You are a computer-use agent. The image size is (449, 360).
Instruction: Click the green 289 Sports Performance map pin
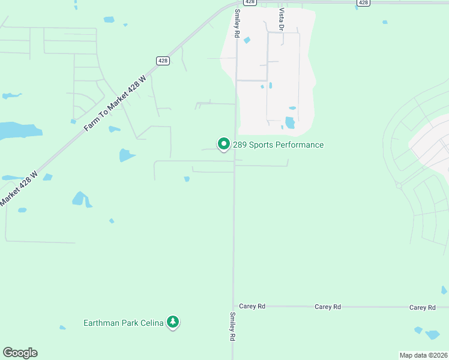click(x=223, y=144)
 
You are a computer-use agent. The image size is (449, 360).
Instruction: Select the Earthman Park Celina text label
click(x=123, y=323)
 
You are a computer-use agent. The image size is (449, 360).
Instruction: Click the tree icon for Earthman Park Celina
click(x=173, y=323)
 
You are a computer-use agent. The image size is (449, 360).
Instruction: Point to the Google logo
click(x=20, y=353)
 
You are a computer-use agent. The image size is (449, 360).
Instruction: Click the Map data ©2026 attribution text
click(x=423, y=355)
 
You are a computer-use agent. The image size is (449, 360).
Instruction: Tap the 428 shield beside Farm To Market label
click(x=163, y=61)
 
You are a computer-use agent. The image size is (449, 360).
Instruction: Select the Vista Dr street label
click(x=280, y=19)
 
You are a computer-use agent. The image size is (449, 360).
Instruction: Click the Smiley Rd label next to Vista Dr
click(x=237, y=25)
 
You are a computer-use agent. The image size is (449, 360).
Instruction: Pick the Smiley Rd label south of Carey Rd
click(x=232, y=326)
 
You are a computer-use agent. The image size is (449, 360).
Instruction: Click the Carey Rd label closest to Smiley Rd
click(x=252, y=306)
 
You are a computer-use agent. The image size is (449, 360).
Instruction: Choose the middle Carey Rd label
click(x=328, y=307)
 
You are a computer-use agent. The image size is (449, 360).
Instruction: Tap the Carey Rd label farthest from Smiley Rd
click(x=422, y=307)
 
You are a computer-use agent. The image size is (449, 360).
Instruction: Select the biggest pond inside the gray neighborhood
click(x=290, y=123)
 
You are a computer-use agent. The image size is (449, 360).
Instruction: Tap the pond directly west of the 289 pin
click(x=126, y=155)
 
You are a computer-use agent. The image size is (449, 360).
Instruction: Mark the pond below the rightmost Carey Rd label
click(x=432, y=334)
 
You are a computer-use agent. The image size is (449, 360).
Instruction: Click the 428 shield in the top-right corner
click(x=363, y=3)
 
